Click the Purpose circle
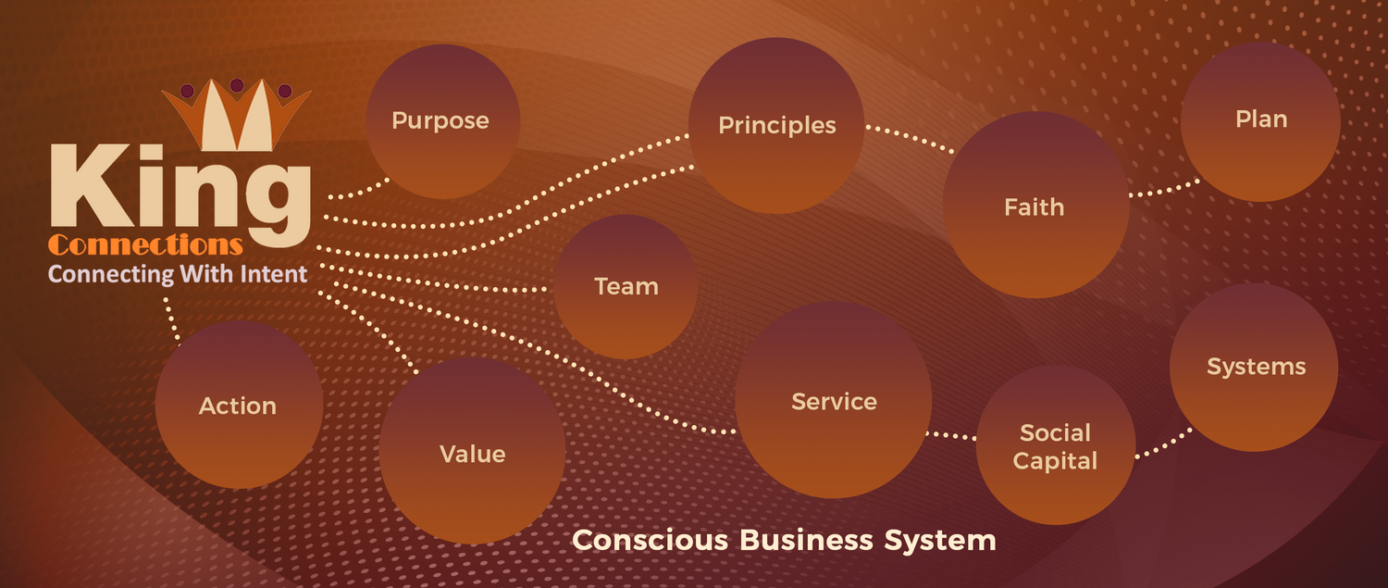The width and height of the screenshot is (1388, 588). (x=441, y=121)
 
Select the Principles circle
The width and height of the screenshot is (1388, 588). (x=776, y=126)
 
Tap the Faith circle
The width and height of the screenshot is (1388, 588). (x=1035, y=206)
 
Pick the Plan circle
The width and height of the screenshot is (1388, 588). (x=1260, y=120)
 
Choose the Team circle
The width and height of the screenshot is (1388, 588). (x=626, y=286)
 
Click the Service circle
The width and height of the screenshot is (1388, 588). (x=833, y=401)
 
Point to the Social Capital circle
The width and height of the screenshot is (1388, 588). (x=1055, y=446)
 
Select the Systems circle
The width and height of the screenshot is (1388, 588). (x=1255, y=367)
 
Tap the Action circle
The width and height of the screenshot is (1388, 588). (x=239, y=406)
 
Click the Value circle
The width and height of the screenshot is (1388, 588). (x=472, y=452)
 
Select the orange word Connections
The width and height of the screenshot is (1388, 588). (x=145, y=245)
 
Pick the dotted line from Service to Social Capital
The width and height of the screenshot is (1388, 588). (x=953, y=434)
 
